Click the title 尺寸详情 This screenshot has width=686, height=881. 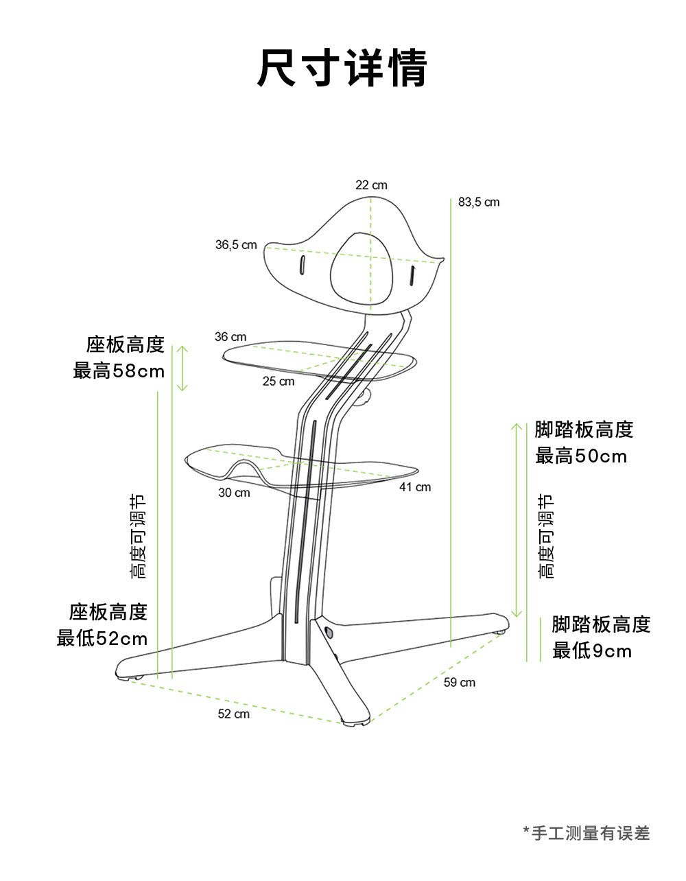[342, 68]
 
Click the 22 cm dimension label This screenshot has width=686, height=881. [371, 185]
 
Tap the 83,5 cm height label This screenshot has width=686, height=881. [479, 202]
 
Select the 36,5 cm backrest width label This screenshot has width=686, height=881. [236, 245]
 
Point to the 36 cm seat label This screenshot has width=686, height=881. [230, 337]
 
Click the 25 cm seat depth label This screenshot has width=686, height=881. [279, 381]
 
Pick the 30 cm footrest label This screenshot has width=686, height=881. [234, 493]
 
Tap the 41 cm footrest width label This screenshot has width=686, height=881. [415, 487]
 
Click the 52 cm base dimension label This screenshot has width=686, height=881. [234, 714]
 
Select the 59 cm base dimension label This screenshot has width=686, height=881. [459, 682]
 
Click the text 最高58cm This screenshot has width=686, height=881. [119, 371]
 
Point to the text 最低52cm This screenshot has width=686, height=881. [102, 639]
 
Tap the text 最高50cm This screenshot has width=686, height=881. [581, 456]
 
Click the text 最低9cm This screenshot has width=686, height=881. [592, 650]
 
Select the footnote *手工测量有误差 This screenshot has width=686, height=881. [587, 833]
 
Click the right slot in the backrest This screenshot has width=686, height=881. [413, 276]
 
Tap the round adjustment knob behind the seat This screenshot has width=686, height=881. [364, 397]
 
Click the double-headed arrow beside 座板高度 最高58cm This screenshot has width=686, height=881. [182, 368]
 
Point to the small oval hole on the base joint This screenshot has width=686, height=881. [328, 631]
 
